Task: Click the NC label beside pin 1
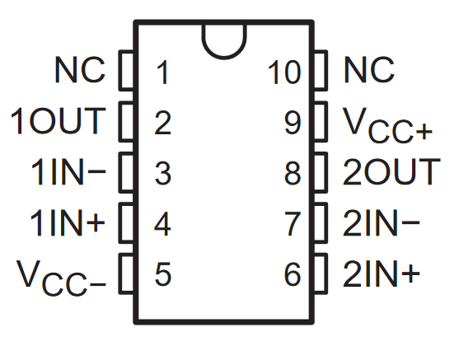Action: [x=80, y=72]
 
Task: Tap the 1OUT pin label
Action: [x=59, y=122]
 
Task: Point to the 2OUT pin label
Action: [x=391, y=172]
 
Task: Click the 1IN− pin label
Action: [x=68, y=173]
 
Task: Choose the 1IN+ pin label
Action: [x=68, y=223]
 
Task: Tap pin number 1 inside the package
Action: [x=162, y=73]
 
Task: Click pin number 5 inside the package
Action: [x=162, y=274]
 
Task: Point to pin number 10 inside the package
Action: [x=285, y=73]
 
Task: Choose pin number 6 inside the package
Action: [x=293, y=274]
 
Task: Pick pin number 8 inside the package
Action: [x=293, y=173]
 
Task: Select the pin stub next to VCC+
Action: [x=321, y=123]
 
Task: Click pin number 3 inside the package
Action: [x=162, y=173]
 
